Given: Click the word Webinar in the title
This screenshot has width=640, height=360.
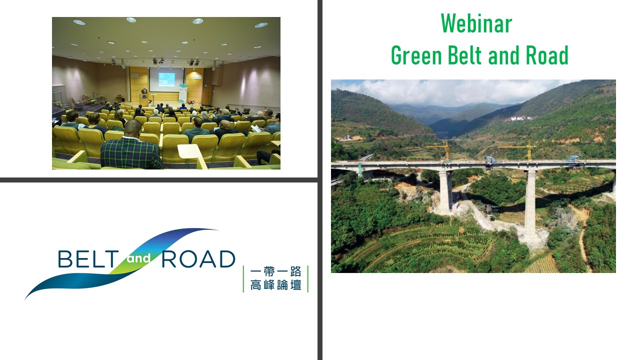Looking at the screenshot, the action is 476,23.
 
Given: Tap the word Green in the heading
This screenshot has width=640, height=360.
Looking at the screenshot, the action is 416,55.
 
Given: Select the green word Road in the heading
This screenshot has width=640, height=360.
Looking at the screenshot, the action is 547,55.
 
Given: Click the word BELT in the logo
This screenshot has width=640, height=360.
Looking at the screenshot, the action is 88,259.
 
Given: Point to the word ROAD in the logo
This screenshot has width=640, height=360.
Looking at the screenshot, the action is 198,259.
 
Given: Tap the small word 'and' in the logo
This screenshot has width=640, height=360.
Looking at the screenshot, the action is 139,259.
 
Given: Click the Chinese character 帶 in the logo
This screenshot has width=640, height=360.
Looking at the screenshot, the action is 269,271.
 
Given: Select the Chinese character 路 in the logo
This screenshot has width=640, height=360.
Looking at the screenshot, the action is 295,271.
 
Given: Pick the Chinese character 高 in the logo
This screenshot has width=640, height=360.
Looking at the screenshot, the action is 255,285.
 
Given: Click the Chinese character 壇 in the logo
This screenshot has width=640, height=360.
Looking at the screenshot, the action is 295,285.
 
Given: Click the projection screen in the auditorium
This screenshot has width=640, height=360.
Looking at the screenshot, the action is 166,79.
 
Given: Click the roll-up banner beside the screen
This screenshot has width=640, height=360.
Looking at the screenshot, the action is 183,93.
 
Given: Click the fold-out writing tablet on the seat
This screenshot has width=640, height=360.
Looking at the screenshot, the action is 188,151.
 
